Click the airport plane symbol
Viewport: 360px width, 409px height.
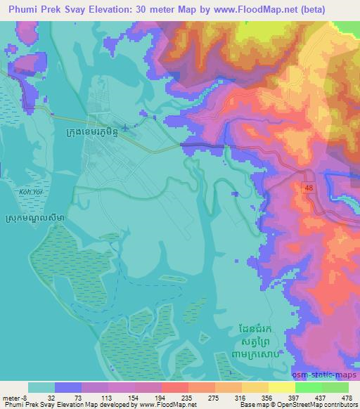point(126,128)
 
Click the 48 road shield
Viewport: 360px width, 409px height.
point(309,188)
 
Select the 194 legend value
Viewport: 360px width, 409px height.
point(146,397)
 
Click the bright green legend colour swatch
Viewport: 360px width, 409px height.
point(307,387)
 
